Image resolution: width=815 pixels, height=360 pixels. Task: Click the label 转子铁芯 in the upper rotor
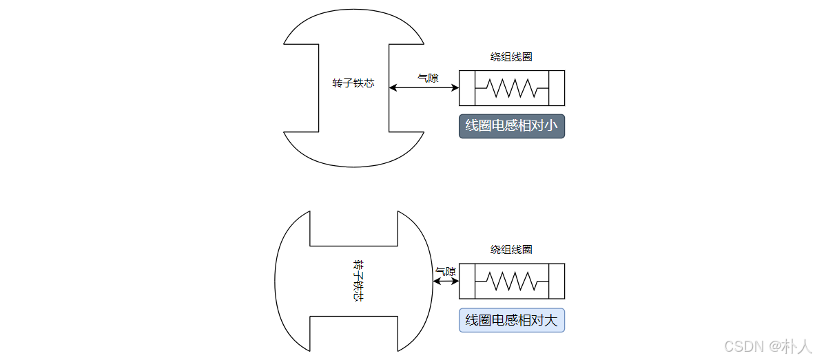click(x=353, y=83)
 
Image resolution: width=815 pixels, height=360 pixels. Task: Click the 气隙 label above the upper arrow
click(x=428, y=78)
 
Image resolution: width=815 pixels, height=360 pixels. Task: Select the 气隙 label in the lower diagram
click(x=446, y=271)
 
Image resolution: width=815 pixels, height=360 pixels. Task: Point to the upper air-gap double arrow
click(x=424, y=87)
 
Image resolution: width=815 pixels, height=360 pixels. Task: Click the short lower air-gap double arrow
click(x=446, y=281)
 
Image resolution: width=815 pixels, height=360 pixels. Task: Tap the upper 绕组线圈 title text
click(x=511, y=57)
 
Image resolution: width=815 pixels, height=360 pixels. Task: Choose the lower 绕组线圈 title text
click(x=511, y=250)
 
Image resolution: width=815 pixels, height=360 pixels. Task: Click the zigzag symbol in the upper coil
click(x=512, y=88)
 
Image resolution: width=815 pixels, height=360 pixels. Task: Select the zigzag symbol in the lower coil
click(x=512, y=281)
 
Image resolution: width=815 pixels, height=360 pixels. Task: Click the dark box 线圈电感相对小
click(x=512, y=126)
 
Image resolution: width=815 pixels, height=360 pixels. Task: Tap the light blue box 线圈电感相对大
click(x=512, y=320)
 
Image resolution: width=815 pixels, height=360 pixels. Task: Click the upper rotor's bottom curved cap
click(x=353, y=149)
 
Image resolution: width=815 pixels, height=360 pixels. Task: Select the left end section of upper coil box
click(x=467, y=88)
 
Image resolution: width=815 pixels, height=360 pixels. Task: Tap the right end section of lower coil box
click(x=557, y=281)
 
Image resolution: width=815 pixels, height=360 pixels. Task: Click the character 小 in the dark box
click(x=550, y=126)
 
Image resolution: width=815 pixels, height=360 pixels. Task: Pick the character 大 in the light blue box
click(x=550, y=320)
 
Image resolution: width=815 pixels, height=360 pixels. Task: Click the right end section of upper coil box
click(x=557, y=88)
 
